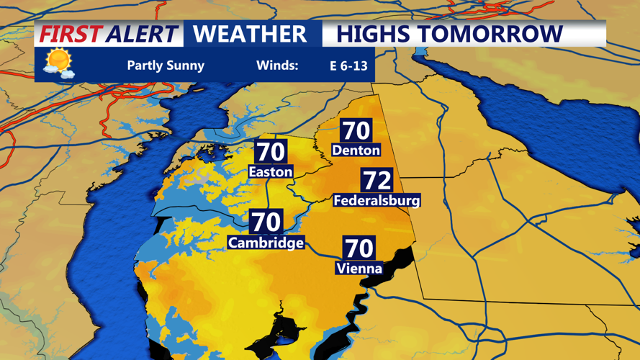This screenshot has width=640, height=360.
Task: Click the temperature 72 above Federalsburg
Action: point(377,181)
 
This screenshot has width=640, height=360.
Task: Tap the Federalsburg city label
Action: point(377,201)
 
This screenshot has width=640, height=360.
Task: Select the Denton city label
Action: point(356,150)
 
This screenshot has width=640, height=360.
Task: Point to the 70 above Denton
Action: point(356,130)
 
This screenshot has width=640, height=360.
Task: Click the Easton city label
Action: point(270,172)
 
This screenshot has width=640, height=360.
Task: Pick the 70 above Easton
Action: point(270,152)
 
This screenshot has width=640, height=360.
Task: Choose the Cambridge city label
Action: point(266,243)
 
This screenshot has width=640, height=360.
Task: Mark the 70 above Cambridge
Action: point(266,222)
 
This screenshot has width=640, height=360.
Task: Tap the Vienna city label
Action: point(359,269)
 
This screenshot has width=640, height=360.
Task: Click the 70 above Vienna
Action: point(359,248)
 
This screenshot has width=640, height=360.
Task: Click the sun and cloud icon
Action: point(58,63)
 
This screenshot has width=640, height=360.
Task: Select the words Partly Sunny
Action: point(166,66)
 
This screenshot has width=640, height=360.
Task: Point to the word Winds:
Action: point(277,66)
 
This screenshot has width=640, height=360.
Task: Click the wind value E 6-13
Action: point(348,66)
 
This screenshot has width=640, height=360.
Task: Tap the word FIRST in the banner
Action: point(71,34)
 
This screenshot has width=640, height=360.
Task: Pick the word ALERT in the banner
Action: point(141,34)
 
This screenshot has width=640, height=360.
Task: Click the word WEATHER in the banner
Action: point(250,34)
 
